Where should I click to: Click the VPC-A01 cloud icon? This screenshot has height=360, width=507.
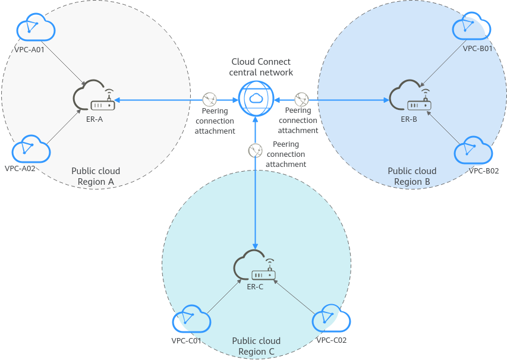(36, 27)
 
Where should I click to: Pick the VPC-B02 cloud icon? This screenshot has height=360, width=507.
(474, 151)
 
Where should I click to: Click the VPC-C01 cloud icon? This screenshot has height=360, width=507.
(191, 321)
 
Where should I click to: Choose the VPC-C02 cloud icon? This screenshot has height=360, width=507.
(332, 320)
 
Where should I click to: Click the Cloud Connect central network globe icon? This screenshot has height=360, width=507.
(255, 98)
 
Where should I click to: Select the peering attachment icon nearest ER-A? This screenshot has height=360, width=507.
(209, 99)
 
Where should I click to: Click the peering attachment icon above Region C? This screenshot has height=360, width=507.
(255, 150)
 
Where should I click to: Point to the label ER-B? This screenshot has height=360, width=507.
(409, 119)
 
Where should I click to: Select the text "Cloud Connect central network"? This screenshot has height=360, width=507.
(261, 67)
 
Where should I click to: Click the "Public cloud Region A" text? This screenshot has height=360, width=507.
(96, 176)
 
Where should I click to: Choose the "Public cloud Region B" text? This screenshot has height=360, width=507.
(412, 176)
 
